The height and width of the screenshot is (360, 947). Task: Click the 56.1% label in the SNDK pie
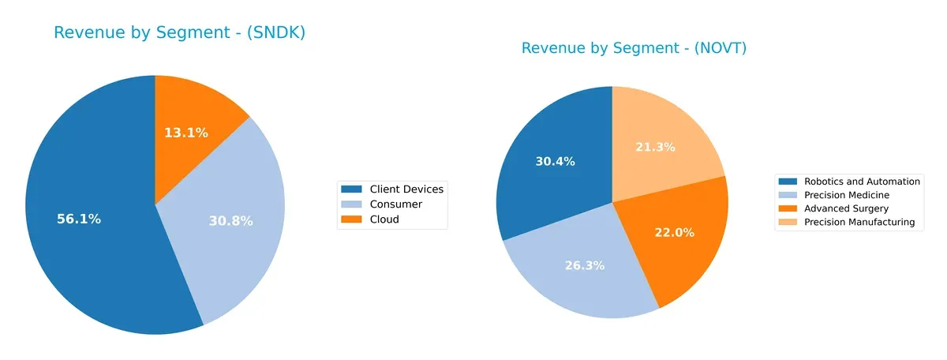(x=79, y=219)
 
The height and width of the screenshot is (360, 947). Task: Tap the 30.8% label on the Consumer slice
(x=230, y=222)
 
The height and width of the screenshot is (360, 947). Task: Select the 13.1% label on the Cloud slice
(x=186, y=133)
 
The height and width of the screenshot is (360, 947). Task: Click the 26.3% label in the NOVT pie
(x=585, y=265)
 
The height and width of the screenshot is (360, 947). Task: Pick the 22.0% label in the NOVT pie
(x=675, y=232)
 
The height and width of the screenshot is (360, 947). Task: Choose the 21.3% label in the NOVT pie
(x=656, y=147)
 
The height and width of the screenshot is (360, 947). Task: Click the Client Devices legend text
(x=406, y=189)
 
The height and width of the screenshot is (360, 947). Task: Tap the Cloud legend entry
(x=384, y=219)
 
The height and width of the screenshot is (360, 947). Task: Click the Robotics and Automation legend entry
(x=862, y=182)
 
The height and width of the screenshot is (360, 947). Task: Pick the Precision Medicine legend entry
(x=846, y=195)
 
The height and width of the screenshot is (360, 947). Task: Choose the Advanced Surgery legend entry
(x=846, y=208)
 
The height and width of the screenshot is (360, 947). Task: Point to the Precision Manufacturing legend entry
(x=859, y=223)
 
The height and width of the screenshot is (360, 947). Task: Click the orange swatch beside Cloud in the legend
(x=351, y=219)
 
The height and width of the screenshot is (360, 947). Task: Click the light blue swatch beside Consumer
(x=351, y=204)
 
